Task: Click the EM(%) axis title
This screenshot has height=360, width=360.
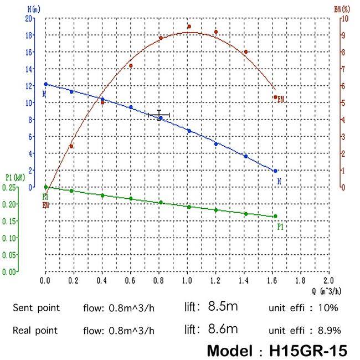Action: [342, 9]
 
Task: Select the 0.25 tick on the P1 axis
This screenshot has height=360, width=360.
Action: [9, 187]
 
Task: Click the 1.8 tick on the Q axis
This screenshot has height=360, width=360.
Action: [300, 281]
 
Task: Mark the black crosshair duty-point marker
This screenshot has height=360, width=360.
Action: [159, 115]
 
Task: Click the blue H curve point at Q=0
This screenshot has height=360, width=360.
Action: [46, 84]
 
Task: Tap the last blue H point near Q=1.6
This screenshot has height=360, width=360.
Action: [275, 171]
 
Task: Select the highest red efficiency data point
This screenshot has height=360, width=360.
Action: [189, 26]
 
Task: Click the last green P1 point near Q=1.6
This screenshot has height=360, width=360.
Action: [275, 216]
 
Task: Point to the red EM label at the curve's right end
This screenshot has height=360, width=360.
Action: [281, 100]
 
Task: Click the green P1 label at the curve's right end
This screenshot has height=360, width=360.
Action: [280, 226]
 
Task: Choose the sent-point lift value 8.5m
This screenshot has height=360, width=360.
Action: [223, 306]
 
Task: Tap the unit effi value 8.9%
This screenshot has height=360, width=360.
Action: [328, 331]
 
